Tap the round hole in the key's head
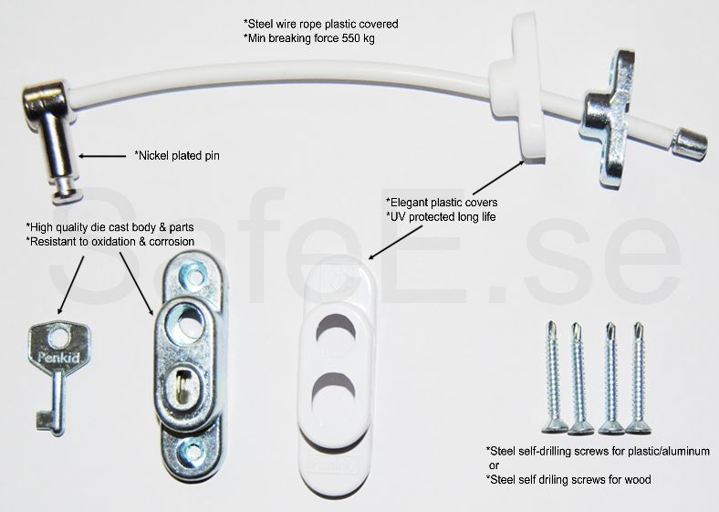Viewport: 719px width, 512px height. click(x=59, y=337)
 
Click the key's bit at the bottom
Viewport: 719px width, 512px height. click(x=46, y=421)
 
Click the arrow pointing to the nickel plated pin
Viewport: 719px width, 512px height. click(x=102, y=156)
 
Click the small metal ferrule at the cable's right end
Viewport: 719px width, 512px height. click(x=689, y=143)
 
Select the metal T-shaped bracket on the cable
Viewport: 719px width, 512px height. click(x=610, y=119)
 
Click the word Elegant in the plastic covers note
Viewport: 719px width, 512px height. click(x=407, y=203)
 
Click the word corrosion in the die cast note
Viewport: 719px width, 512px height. click(x=172, y=241)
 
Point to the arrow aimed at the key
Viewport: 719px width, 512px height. click(x=71, y=285)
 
